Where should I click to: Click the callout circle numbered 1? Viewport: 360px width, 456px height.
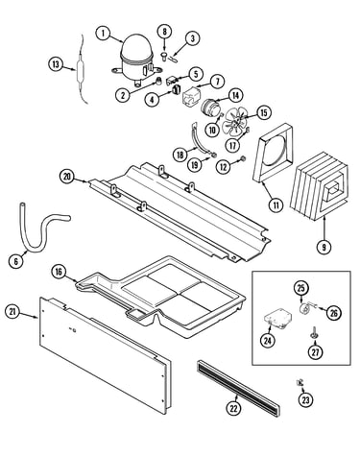104,34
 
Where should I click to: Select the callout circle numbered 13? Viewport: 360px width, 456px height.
57,64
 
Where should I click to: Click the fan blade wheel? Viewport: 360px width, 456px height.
236,123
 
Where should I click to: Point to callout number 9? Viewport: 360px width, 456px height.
324,247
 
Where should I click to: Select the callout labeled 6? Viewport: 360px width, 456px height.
16,261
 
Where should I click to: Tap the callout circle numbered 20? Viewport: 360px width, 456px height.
67,177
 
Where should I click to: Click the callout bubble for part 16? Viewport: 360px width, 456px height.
59,272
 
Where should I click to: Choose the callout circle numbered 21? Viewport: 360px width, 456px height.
13,312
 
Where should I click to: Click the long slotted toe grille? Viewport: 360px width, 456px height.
238,388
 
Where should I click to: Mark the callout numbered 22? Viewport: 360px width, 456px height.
233,408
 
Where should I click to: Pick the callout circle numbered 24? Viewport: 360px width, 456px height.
268,341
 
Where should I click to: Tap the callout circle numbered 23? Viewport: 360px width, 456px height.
306,399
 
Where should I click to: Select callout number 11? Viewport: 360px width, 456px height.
276,205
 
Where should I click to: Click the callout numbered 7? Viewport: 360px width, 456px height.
217,82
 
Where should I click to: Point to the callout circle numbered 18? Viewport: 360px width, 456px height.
180,155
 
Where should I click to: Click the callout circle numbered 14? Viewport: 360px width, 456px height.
235,95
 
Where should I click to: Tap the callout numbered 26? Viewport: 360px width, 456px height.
334,313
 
